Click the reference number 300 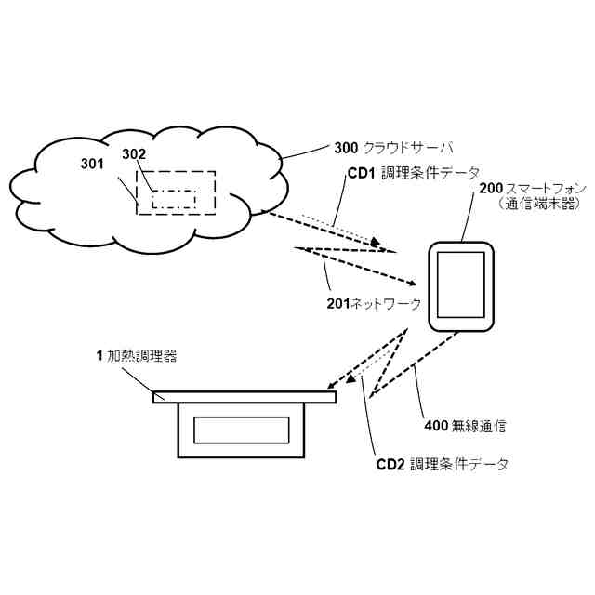[x=344, y=148]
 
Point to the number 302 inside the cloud [x=134, y=154]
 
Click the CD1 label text [x=361, y=173]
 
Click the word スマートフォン [x=540, y=188]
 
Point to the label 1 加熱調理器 [x=136, y=355]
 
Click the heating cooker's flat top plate [x=243, y=397]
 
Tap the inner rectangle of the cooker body [x=242, y=430]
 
